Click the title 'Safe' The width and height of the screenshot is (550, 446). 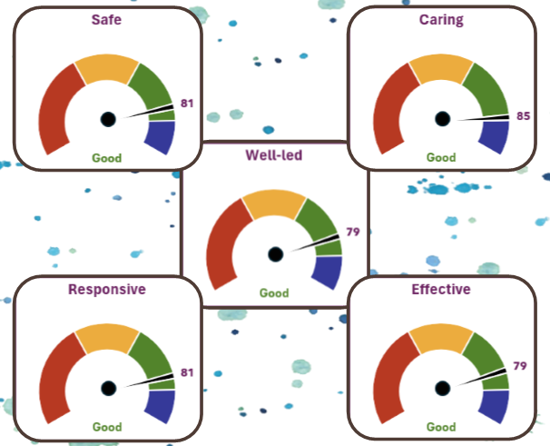[107, 18]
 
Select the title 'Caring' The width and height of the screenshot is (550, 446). [442, 18]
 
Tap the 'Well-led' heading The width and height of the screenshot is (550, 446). [273, 154]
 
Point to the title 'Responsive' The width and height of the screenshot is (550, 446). [107, 290]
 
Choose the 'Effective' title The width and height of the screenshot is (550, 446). [441, 290]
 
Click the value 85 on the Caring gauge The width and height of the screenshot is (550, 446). [521, 116]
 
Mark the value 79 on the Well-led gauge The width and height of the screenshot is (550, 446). [353, 232]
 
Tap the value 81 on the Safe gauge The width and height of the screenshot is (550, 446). [188, 104]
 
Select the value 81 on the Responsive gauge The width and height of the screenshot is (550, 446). [188, 372]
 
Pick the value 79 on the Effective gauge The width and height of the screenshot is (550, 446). [520, 366]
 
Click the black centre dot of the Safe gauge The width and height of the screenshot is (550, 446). [108, 119]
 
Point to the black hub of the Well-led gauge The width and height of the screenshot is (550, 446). [275, 254]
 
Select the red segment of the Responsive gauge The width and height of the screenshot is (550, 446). [53, 372]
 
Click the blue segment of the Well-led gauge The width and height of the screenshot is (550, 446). [327, 272]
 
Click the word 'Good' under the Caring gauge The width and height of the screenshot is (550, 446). [441, 157]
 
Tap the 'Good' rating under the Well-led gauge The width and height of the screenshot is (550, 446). [274, 292]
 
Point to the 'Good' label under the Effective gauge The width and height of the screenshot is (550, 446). [441, 426]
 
